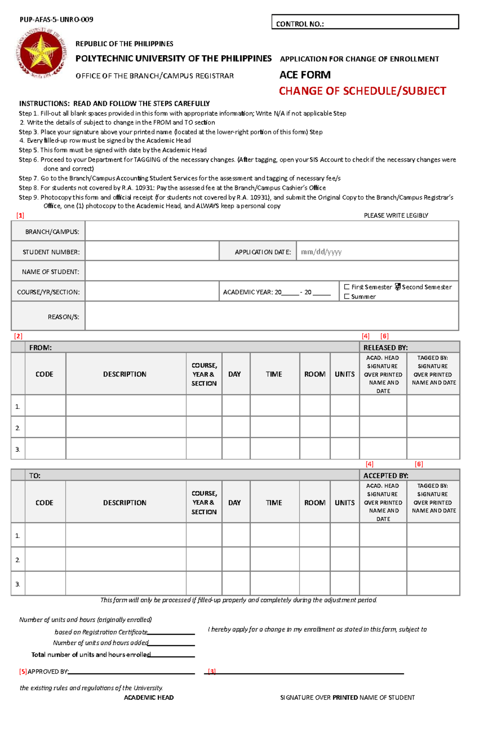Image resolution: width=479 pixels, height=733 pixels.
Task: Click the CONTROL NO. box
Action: (x=365, y=22)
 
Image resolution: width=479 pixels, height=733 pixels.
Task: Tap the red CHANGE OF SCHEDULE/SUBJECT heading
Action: (x=362, y=91)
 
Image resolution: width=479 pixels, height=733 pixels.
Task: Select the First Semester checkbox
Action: (x=346, y=287)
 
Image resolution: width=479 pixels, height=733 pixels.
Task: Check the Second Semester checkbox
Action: (x=398, y=287)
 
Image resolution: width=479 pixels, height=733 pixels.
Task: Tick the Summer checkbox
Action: (x=346, y=296)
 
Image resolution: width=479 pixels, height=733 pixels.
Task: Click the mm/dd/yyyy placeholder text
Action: (x=321, y=252)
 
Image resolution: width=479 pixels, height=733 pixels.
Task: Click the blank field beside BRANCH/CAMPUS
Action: (x=271, y=231)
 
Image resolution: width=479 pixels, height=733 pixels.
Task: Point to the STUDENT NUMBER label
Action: (x=51, y=252)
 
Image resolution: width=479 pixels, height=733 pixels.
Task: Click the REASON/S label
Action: (x=63, y=317)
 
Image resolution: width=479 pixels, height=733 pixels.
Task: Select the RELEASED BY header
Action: (x=385, y=348)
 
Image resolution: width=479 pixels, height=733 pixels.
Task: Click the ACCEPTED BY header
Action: (x=385, y=475)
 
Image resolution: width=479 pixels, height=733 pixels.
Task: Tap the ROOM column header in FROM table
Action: (x=315, y=374)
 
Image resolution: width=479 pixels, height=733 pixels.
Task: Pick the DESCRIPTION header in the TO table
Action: (x=125, y=503)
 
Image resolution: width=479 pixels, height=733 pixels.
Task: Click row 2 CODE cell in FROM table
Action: (x=46, y=427)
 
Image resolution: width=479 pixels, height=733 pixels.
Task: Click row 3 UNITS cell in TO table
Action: (x=344, y=584)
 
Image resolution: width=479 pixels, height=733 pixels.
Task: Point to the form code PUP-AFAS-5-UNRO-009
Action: (x=56, y=20)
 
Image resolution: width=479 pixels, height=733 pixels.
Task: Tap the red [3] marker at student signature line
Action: (x=212, y=671)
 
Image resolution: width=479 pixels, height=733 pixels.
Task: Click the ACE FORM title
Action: (x=305, y=75)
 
